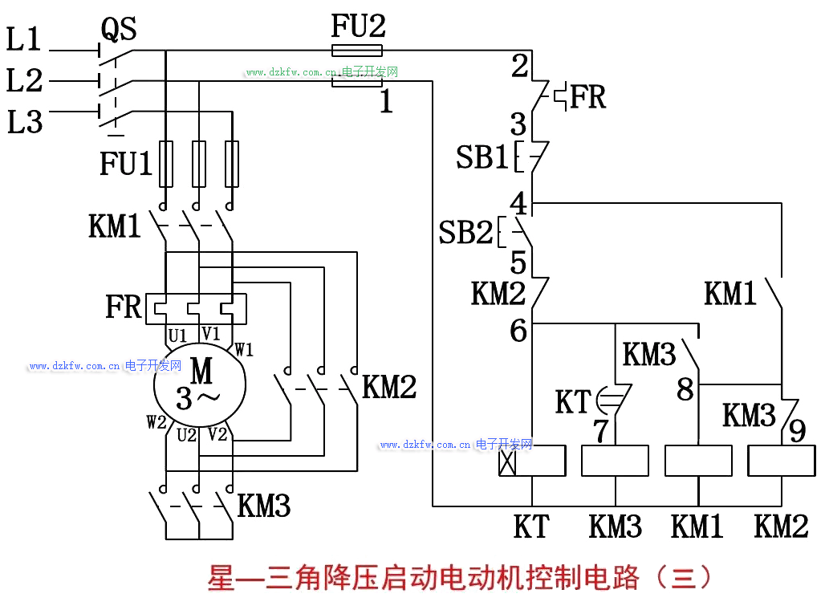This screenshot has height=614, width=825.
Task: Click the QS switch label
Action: (x=118, y=30)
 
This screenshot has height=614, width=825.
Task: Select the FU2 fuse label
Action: (x=358, y=27)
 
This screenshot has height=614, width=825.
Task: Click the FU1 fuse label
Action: (x=125, y=164)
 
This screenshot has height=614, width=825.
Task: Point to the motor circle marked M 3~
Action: (x=201, y=384)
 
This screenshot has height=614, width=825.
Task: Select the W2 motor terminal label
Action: (x=156, y=421)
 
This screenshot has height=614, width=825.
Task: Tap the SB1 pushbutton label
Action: (x=482, y=157)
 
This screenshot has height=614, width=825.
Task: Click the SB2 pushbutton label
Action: (x=465, y=233)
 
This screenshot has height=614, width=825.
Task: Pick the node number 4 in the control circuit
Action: (x=519, y=203)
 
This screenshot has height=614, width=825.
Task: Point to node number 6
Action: (x=518, y=330)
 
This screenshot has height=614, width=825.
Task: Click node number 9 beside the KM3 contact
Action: (x=797, y=431)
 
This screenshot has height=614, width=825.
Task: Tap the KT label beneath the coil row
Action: (x=531, y=527)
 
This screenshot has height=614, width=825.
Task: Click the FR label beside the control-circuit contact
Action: (x=588, y=98)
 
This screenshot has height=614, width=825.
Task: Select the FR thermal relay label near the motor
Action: (x=123, y=307)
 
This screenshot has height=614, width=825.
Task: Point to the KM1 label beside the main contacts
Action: (x=114, y=226)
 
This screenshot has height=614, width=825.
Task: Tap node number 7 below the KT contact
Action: (x=601, y=431)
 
